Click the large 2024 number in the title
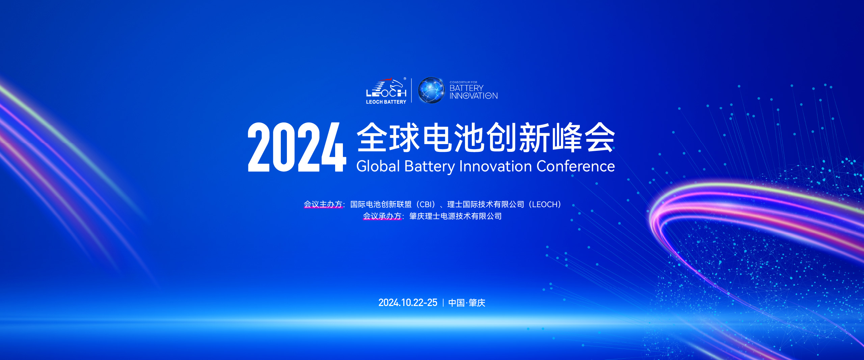pos(297,147)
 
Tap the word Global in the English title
pos(378,166)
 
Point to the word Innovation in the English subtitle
pos(495,166)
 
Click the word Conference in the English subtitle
pos(575,166)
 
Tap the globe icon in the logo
pos(431,90)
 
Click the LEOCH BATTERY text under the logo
pos(386,102)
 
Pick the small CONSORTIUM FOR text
pos(463,82)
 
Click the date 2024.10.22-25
pos(408,303)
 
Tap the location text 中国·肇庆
pos(467,303)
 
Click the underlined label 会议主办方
pos(323,204)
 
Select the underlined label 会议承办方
pos(382,216)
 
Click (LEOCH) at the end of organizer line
pos(545,204)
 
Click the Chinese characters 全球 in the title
pos(388,138)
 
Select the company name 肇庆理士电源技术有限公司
pos(455,216)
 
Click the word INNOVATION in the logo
pos(474,96)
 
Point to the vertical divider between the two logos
pos(411,90)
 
